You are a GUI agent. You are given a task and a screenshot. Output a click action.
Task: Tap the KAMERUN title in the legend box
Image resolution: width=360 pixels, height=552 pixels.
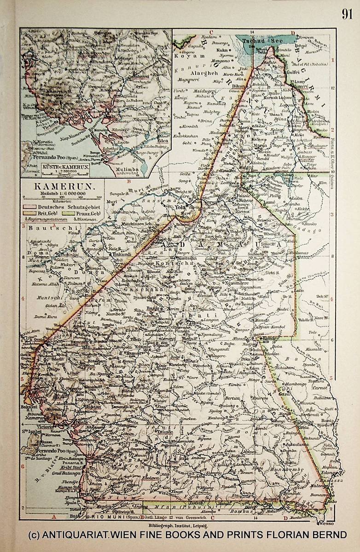[55, 187]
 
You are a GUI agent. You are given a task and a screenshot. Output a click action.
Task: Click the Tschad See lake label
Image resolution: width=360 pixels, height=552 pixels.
[259, 40]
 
